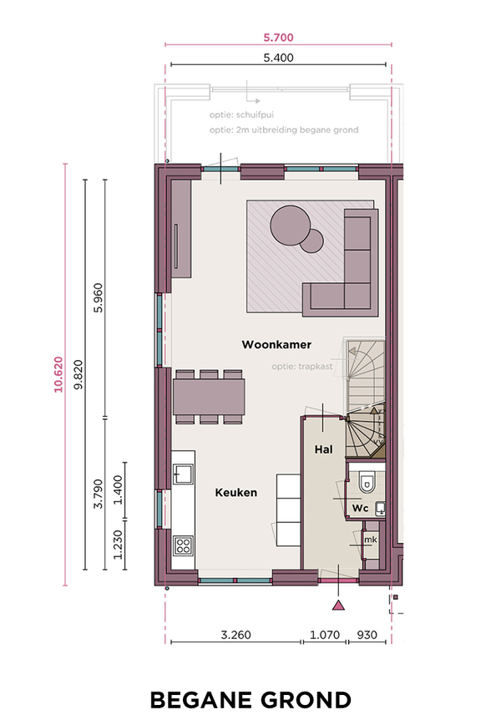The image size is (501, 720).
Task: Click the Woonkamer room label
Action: [x=276, y=344]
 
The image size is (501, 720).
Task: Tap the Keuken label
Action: [x=236, y=493]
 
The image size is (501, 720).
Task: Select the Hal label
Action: [x=324, y=449]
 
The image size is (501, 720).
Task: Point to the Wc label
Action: [x=360, y=509]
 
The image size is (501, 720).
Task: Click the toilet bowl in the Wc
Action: [x=367, y=482]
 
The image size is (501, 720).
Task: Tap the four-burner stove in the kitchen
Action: [x=183, y=546]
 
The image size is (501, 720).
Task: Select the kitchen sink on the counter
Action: [x=183, y=474]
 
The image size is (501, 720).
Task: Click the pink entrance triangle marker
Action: [x=338, y=606]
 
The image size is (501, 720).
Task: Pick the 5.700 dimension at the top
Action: [x=278, y=38]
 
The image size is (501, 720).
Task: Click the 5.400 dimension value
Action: [x=278, y=58]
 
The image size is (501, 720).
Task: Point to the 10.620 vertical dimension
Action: [x=58, y=374]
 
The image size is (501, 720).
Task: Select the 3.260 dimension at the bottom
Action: [x=235, y=635]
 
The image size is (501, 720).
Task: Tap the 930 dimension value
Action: [x=367, y=635]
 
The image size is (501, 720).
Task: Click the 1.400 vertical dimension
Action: [x=119, y=490]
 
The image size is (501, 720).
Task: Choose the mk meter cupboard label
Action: [x=371, y=540]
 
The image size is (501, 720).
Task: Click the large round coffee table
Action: [x=290, y=225]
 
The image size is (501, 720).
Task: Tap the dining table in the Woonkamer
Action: [x=209, y=396]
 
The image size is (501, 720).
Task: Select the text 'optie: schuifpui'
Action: [x=241, y=114]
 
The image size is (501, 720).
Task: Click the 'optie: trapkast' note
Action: [x=302, y=367]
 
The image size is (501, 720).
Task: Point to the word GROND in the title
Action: [x=306, y=700]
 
